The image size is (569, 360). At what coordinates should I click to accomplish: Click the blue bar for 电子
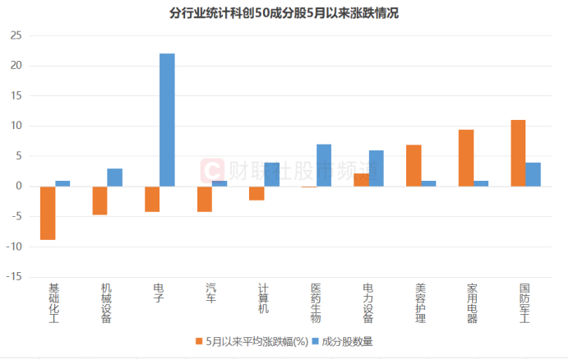[x=167, y=120]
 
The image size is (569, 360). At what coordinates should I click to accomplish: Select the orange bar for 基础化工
[x=48, y=213]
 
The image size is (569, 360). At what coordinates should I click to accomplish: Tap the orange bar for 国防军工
[x=518, y=153]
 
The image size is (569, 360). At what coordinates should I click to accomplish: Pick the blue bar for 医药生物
[x=324, y=165]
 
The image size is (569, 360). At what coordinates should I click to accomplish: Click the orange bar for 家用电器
[x=466, y=158]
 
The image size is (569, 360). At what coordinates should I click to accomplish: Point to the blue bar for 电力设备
[x=377, y=168]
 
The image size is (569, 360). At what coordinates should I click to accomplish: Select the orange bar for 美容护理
[x=414, y=165]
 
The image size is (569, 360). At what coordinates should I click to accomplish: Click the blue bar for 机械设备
[x=114, y=178]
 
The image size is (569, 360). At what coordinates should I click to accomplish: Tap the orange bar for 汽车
[x=205, y=199]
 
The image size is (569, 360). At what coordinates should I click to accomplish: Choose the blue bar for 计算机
[x=272, y=174]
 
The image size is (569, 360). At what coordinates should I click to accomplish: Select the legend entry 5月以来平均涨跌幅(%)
[x=250, y=340]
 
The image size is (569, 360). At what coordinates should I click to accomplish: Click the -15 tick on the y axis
[x=13, y=277]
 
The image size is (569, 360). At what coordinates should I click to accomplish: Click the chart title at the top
[x=284, y=13]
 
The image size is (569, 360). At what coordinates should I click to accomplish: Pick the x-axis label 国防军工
[x=525, y=303]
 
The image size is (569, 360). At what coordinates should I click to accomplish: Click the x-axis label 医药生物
[x=317, y=303]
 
